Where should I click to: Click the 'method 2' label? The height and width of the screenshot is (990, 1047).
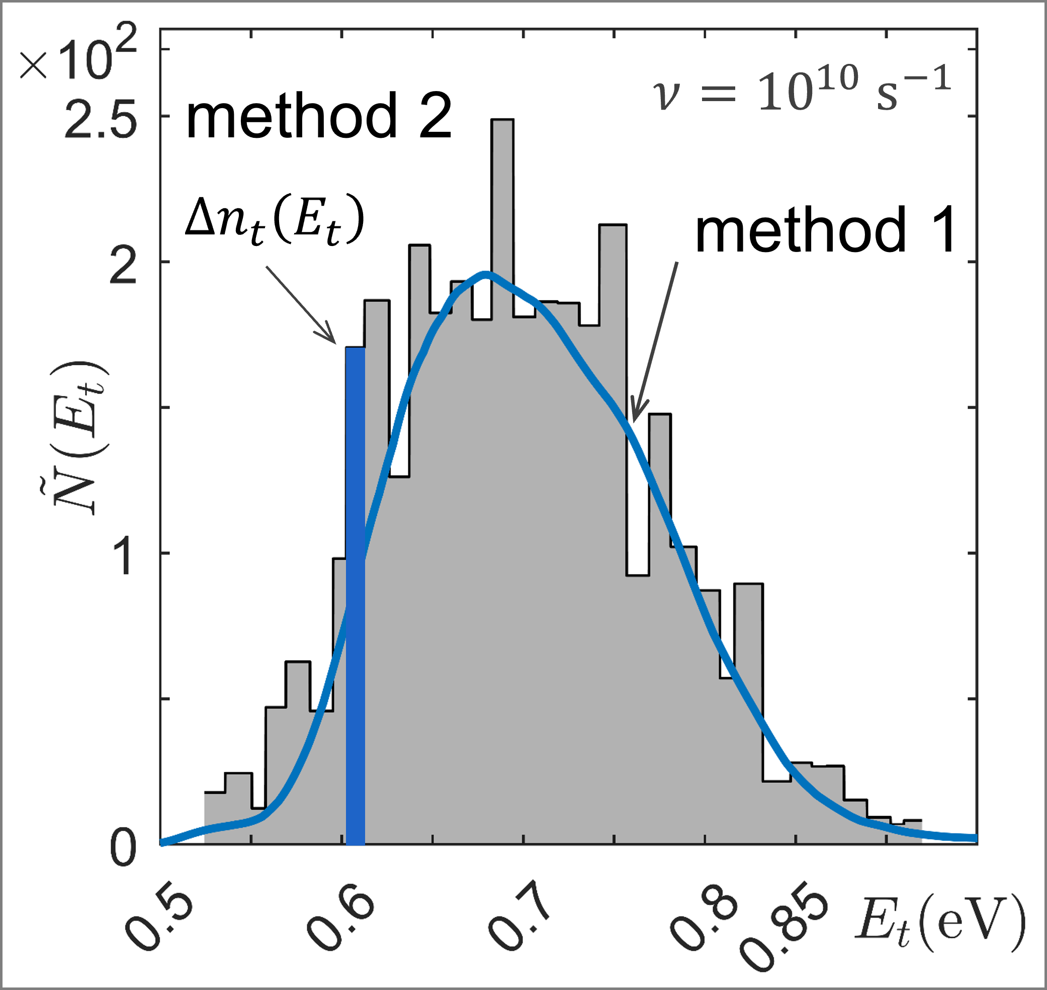[319, 116]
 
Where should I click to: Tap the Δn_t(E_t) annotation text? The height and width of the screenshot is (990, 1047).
[275, 220]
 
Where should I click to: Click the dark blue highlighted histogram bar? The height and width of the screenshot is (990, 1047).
[355, 596]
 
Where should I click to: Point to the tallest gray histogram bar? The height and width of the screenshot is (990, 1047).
[502, 475]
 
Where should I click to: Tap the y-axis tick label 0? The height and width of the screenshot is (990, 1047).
[123, 849]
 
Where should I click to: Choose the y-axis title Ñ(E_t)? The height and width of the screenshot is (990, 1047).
[79, 438]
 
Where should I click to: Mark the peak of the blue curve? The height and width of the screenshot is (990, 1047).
[486, 273]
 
